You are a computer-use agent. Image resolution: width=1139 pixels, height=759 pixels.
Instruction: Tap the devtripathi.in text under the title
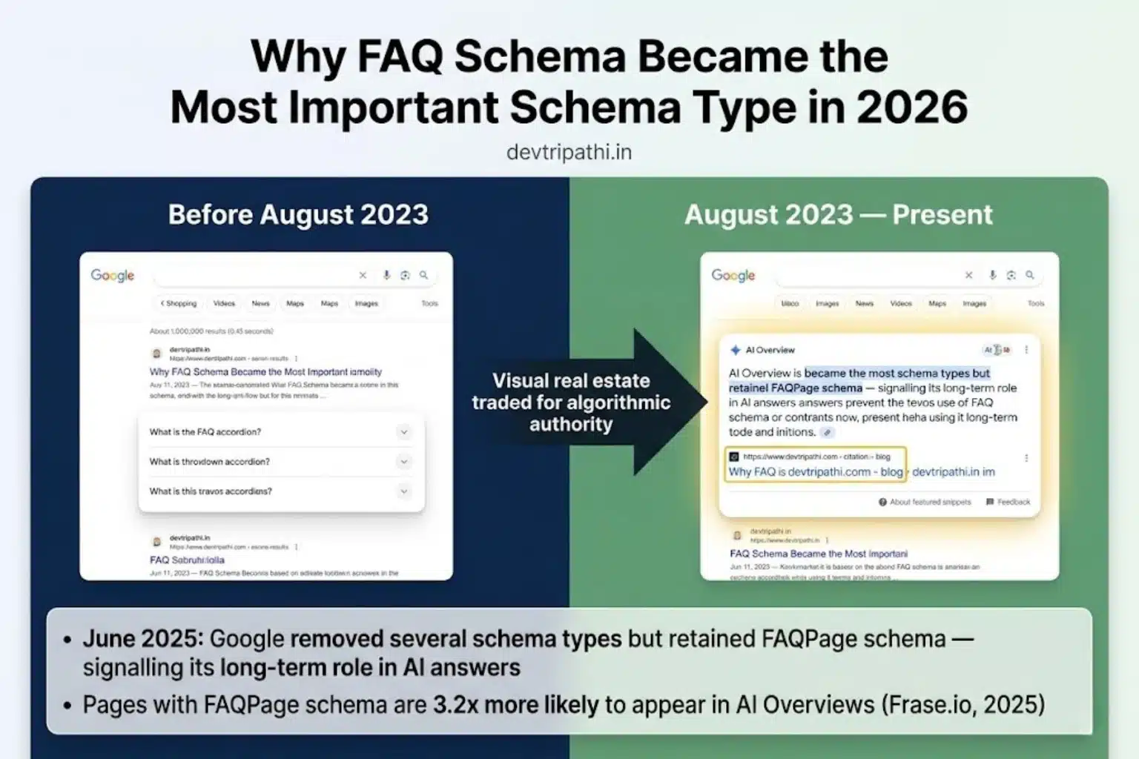[569, 152]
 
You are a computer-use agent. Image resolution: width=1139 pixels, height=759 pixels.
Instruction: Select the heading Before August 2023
[298, 214]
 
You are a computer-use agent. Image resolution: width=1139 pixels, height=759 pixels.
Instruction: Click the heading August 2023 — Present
[838, 214]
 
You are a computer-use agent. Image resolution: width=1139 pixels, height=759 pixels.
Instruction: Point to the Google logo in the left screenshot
[113, 275]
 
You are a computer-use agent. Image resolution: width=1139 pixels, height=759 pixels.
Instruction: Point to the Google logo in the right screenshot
[733, 275]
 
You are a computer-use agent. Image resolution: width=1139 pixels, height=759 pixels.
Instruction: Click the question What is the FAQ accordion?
[205, 432]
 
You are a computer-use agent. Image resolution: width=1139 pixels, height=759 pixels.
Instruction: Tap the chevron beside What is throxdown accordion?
[404, 462]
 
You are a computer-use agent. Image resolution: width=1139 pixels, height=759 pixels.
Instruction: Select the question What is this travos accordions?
[211, 491]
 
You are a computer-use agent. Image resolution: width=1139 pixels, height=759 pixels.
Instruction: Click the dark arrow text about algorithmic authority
[571, 402]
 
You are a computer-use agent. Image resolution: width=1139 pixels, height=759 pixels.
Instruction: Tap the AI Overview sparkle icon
[735, 350]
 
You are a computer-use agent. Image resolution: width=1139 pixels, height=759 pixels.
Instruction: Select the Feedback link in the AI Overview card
[1008, 502]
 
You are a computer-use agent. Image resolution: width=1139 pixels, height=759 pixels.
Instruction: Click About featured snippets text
[930, 502]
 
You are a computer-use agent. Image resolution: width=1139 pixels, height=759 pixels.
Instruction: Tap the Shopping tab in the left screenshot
[179, 303]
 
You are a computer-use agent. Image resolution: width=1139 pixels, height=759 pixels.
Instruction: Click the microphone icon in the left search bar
[386, 275]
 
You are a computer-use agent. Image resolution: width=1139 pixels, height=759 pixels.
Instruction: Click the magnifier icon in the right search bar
[1029, 275]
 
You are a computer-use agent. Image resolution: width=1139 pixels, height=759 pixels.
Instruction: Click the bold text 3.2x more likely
[516, 704]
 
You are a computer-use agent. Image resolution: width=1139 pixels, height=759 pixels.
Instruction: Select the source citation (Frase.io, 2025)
[963, 704]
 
